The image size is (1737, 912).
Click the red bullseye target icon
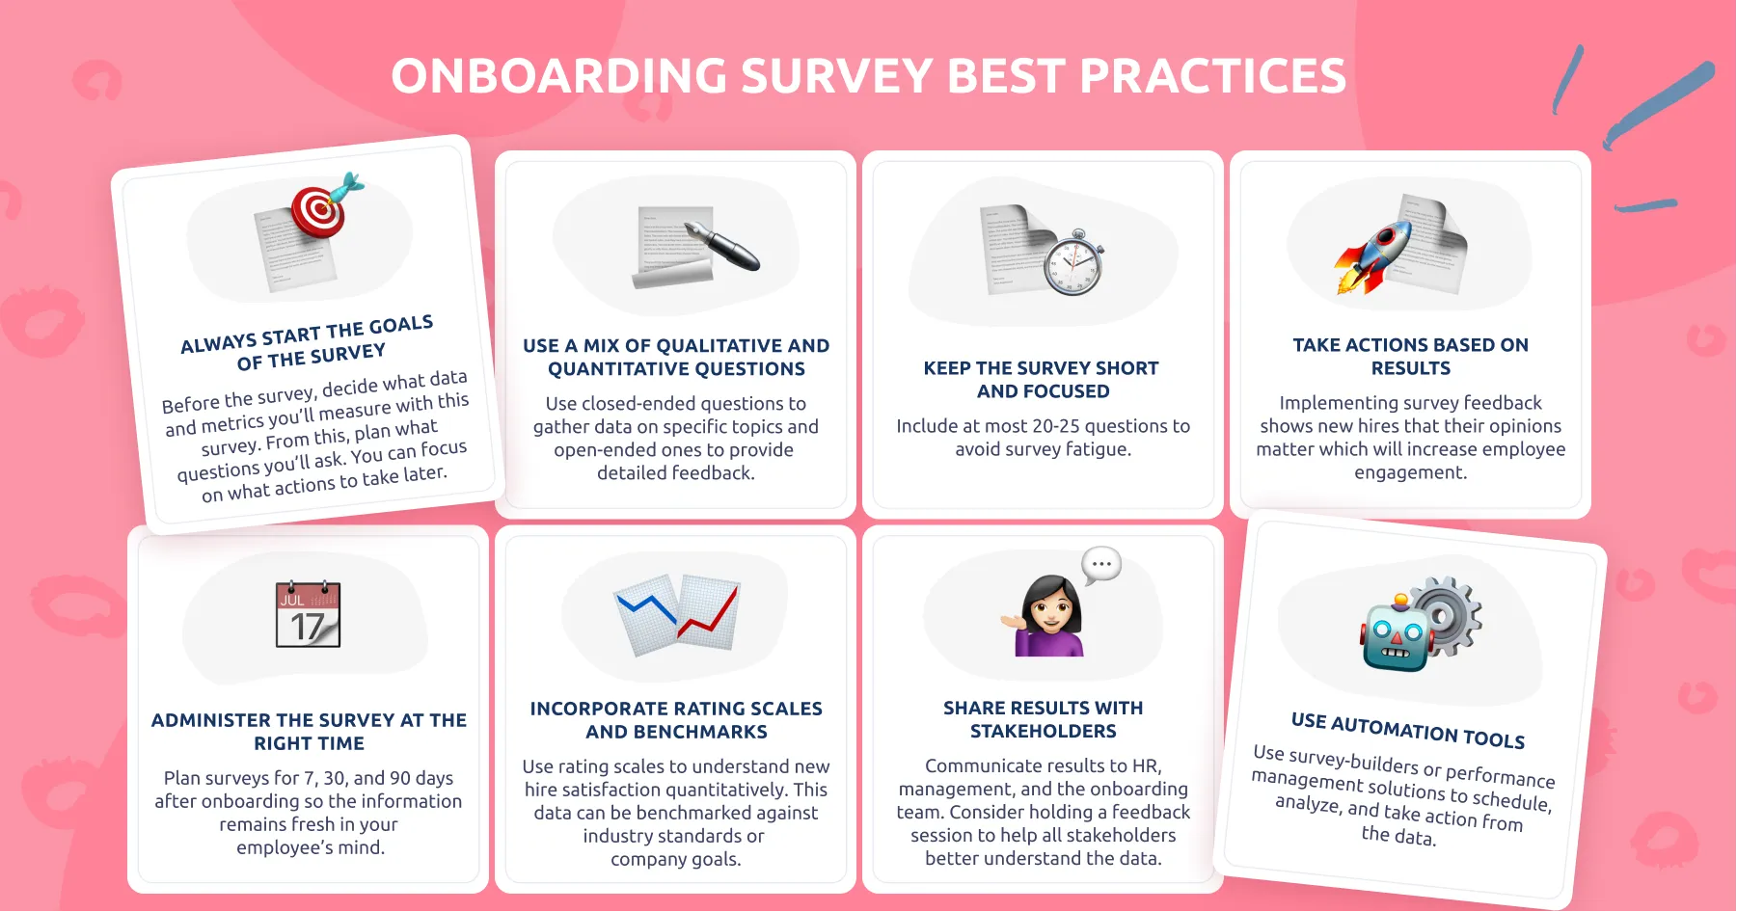319,211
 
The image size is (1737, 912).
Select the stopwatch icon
1073,262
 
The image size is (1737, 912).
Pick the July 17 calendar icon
309,614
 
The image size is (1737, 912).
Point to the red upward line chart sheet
709,612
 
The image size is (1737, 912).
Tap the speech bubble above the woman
1101,565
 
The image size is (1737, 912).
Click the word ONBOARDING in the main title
558,76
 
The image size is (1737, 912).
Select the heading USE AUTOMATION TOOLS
1407,731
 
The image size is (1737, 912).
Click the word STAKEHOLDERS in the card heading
1043,732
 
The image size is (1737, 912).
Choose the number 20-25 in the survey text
1067,426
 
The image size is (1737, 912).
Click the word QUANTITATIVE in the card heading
676,369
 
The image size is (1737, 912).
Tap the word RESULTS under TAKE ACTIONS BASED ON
1410,368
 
